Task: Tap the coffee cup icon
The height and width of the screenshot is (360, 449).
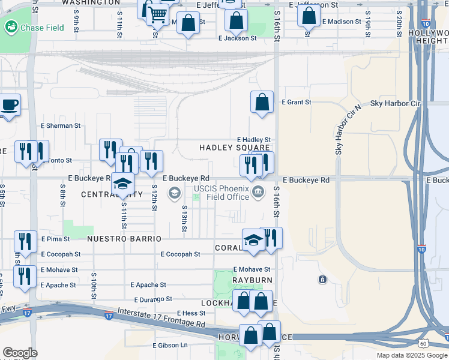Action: point(9,105)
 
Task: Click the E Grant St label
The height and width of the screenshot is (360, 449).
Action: point(297,102)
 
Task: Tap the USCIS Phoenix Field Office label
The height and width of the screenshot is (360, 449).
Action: point(221,193)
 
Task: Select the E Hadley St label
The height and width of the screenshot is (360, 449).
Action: point(254,139)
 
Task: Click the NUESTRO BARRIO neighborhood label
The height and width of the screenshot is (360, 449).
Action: point(124,239)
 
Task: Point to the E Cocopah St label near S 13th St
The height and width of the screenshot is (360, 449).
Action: point(180,254)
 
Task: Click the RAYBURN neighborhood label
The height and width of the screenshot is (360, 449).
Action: point(254,280)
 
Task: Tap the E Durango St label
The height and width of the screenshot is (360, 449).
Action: point(153,299)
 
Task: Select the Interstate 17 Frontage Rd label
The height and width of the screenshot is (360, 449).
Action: point(161,320)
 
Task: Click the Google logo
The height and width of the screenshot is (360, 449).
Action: point(20,353)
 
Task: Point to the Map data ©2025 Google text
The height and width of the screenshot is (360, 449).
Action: point(411,355)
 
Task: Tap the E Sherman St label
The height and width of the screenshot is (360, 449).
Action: point(60,126)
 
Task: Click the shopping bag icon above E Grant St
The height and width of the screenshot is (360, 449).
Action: point(262,102)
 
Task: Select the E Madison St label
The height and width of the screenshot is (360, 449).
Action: point(341,22)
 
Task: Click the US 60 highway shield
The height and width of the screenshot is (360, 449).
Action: point(423,343)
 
